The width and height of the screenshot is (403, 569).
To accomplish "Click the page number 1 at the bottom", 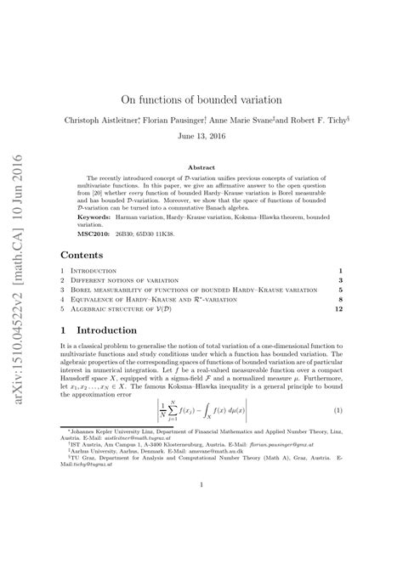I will click(x=201, y=532).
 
